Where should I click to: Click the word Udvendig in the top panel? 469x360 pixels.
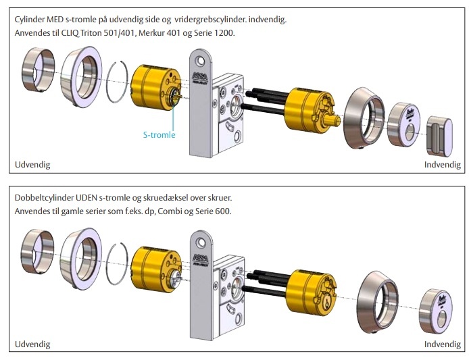pyautogui.click(x=32, y=164)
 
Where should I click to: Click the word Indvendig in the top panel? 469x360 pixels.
pyautogui.click(x=442, y=164)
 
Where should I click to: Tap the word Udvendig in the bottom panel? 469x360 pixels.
pyautogui.click(x=32, y=344)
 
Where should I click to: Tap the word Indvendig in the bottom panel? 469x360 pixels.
pyautogui.click(x=442, y=344)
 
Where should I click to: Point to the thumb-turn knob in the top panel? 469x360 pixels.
pyautogui.click(x=440, y=134)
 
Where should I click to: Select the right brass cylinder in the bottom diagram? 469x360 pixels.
pyautogui.click(x=312, y=289)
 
